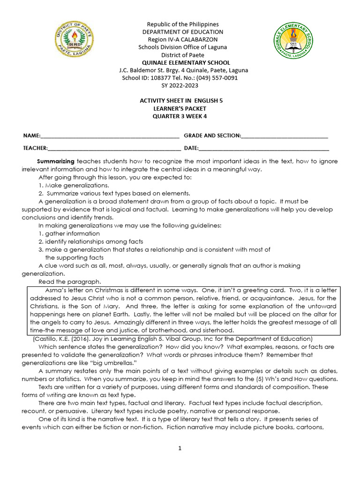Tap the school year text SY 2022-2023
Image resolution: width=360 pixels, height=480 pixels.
(x=180, y=85)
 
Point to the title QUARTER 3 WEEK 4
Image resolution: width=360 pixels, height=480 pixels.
(x=180, y=117)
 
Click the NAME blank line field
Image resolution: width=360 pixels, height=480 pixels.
(x=110, y=136)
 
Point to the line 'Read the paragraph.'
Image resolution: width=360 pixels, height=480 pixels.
(x=70, y=282)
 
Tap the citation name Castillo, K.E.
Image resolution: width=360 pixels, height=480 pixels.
(x=45, y=338)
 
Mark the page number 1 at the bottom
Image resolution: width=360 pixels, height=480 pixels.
(x=180, y=448)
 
